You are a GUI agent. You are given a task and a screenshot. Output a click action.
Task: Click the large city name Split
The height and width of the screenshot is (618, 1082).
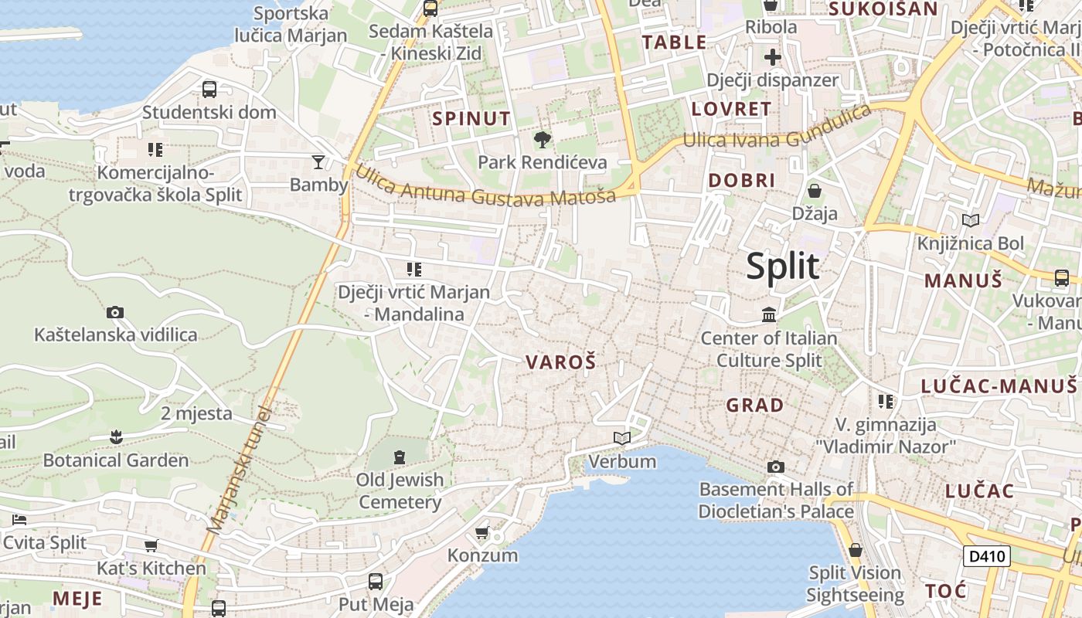[782, 267]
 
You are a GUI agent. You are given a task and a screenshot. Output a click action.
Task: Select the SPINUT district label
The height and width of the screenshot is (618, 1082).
[471, 118]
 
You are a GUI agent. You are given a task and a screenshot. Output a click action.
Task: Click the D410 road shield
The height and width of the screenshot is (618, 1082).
[988, 555]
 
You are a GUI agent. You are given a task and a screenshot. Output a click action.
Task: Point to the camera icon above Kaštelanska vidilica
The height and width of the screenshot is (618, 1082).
[115, 312]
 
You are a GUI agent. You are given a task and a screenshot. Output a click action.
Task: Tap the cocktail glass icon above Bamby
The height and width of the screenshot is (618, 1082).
[318, 161]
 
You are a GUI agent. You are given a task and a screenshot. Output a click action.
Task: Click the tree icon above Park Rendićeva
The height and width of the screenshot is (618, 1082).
[543, 140]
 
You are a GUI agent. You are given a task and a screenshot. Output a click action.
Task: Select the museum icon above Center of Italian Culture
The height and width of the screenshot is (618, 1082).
[769, 314]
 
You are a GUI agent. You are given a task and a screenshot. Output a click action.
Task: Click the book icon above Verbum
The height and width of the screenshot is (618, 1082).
[622, 439]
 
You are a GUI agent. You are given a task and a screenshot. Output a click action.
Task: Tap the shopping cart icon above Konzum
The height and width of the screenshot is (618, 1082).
[482, 532]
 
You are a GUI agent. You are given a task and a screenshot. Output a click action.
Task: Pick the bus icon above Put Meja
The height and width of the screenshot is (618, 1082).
[376, 581]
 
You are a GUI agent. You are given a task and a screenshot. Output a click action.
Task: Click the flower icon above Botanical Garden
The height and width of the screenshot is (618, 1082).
[116, 437]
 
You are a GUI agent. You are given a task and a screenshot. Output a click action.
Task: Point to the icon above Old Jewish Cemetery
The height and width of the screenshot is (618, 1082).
[400, 457]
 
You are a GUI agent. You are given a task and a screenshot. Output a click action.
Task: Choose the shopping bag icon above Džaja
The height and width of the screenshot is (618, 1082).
[815, 190]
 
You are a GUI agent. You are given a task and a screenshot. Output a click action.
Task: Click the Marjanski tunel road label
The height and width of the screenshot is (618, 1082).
[240, 471]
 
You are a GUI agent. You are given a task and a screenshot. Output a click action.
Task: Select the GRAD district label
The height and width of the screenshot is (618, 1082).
[754, 404]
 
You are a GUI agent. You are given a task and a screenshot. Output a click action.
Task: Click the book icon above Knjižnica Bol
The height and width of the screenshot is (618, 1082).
[971, 221]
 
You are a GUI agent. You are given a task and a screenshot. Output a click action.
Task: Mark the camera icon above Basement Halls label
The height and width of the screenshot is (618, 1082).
[776, 467]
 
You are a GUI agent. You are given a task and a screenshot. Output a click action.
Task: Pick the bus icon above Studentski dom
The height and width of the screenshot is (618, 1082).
[209, 89]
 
